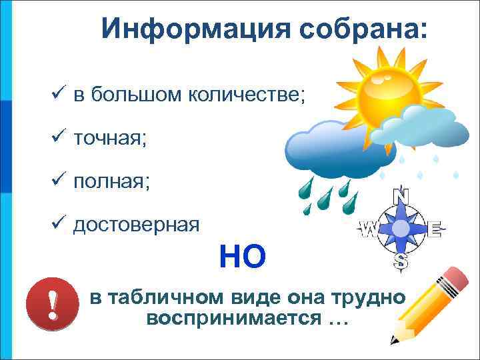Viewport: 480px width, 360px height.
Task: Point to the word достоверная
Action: [136, 224]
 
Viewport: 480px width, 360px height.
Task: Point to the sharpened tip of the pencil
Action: [394, 340]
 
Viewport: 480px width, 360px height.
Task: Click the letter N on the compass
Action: [401, 196]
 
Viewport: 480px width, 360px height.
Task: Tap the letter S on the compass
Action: [401, 261]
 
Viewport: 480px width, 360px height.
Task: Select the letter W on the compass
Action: [368, 229]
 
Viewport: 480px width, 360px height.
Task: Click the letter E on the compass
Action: [434, 229]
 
